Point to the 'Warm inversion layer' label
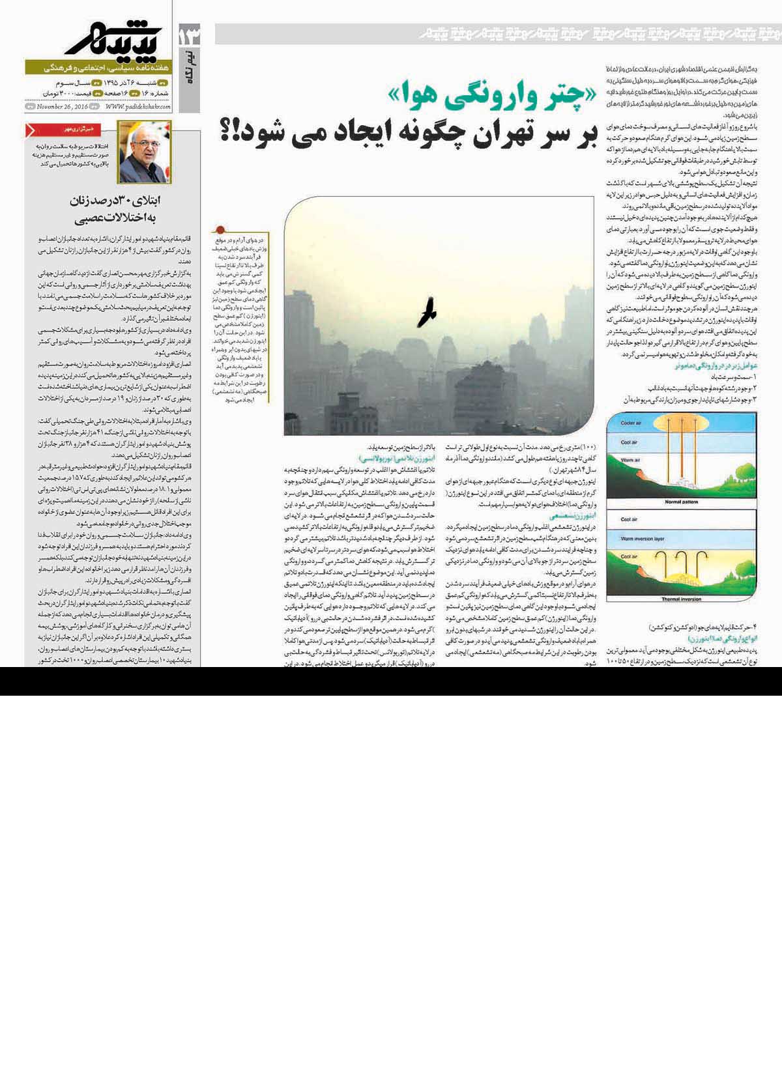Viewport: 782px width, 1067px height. [x=642, y=539]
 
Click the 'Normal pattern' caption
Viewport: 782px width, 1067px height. [x=681, y=502]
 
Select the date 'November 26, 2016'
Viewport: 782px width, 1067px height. [x=62, y=107]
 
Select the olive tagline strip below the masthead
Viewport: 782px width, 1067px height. [x=98, y=67]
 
